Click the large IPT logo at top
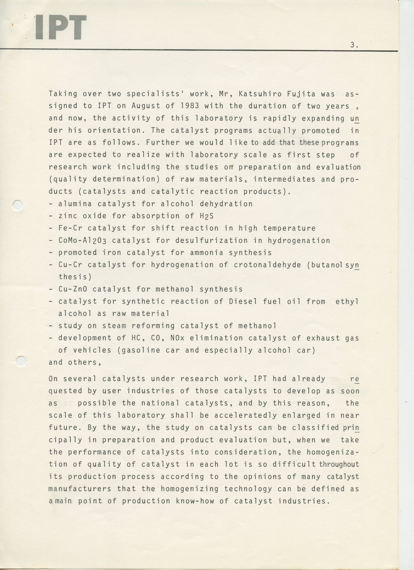[x=61, y=27]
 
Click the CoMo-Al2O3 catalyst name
[x=82, y=240]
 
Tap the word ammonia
[x=207, y=252]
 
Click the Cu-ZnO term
[x=73, y=289]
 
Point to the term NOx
[x=177, y=338]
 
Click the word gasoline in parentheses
[x=138, y=350]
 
